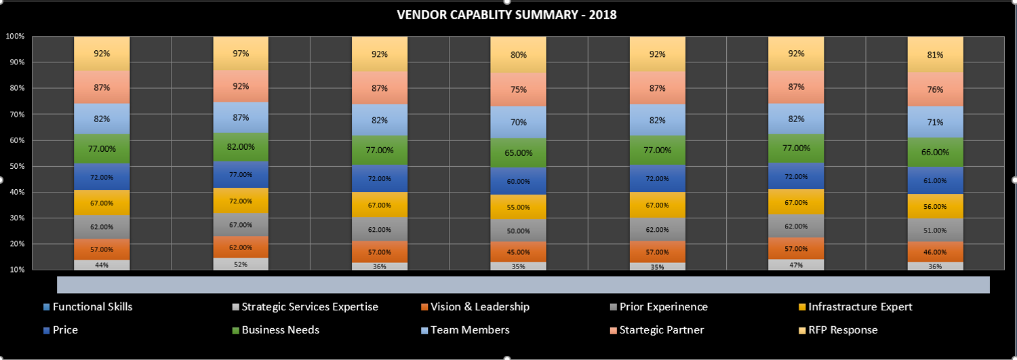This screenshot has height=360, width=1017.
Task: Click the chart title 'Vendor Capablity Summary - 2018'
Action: tap(506, 14)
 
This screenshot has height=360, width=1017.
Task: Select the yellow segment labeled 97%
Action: tap(241, 53)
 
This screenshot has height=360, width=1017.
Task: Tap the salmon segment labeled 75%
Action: tap(518, 89)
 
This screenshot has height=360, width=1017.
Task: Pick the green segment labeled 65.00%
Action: tap(518, 153)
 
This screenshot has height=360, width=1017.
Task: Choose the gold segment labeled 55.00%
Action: tap(518, 207)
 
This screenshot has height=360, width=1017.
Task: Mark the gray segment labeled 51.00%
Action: tap(935, 230)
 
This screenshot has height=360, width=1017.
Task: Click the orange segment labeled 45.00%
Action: tap(518, 252)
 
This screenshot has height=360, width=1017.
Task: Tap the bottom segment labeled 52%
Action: tap(241, 264)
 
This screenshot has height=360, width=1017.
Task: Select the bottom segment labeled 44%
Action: tap(102, 264)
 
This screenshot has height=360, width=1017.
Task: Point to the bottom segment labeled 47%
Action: tap(796, 264)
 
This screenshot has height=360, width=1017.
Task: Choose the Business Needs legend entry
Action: tap(280, 330)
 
